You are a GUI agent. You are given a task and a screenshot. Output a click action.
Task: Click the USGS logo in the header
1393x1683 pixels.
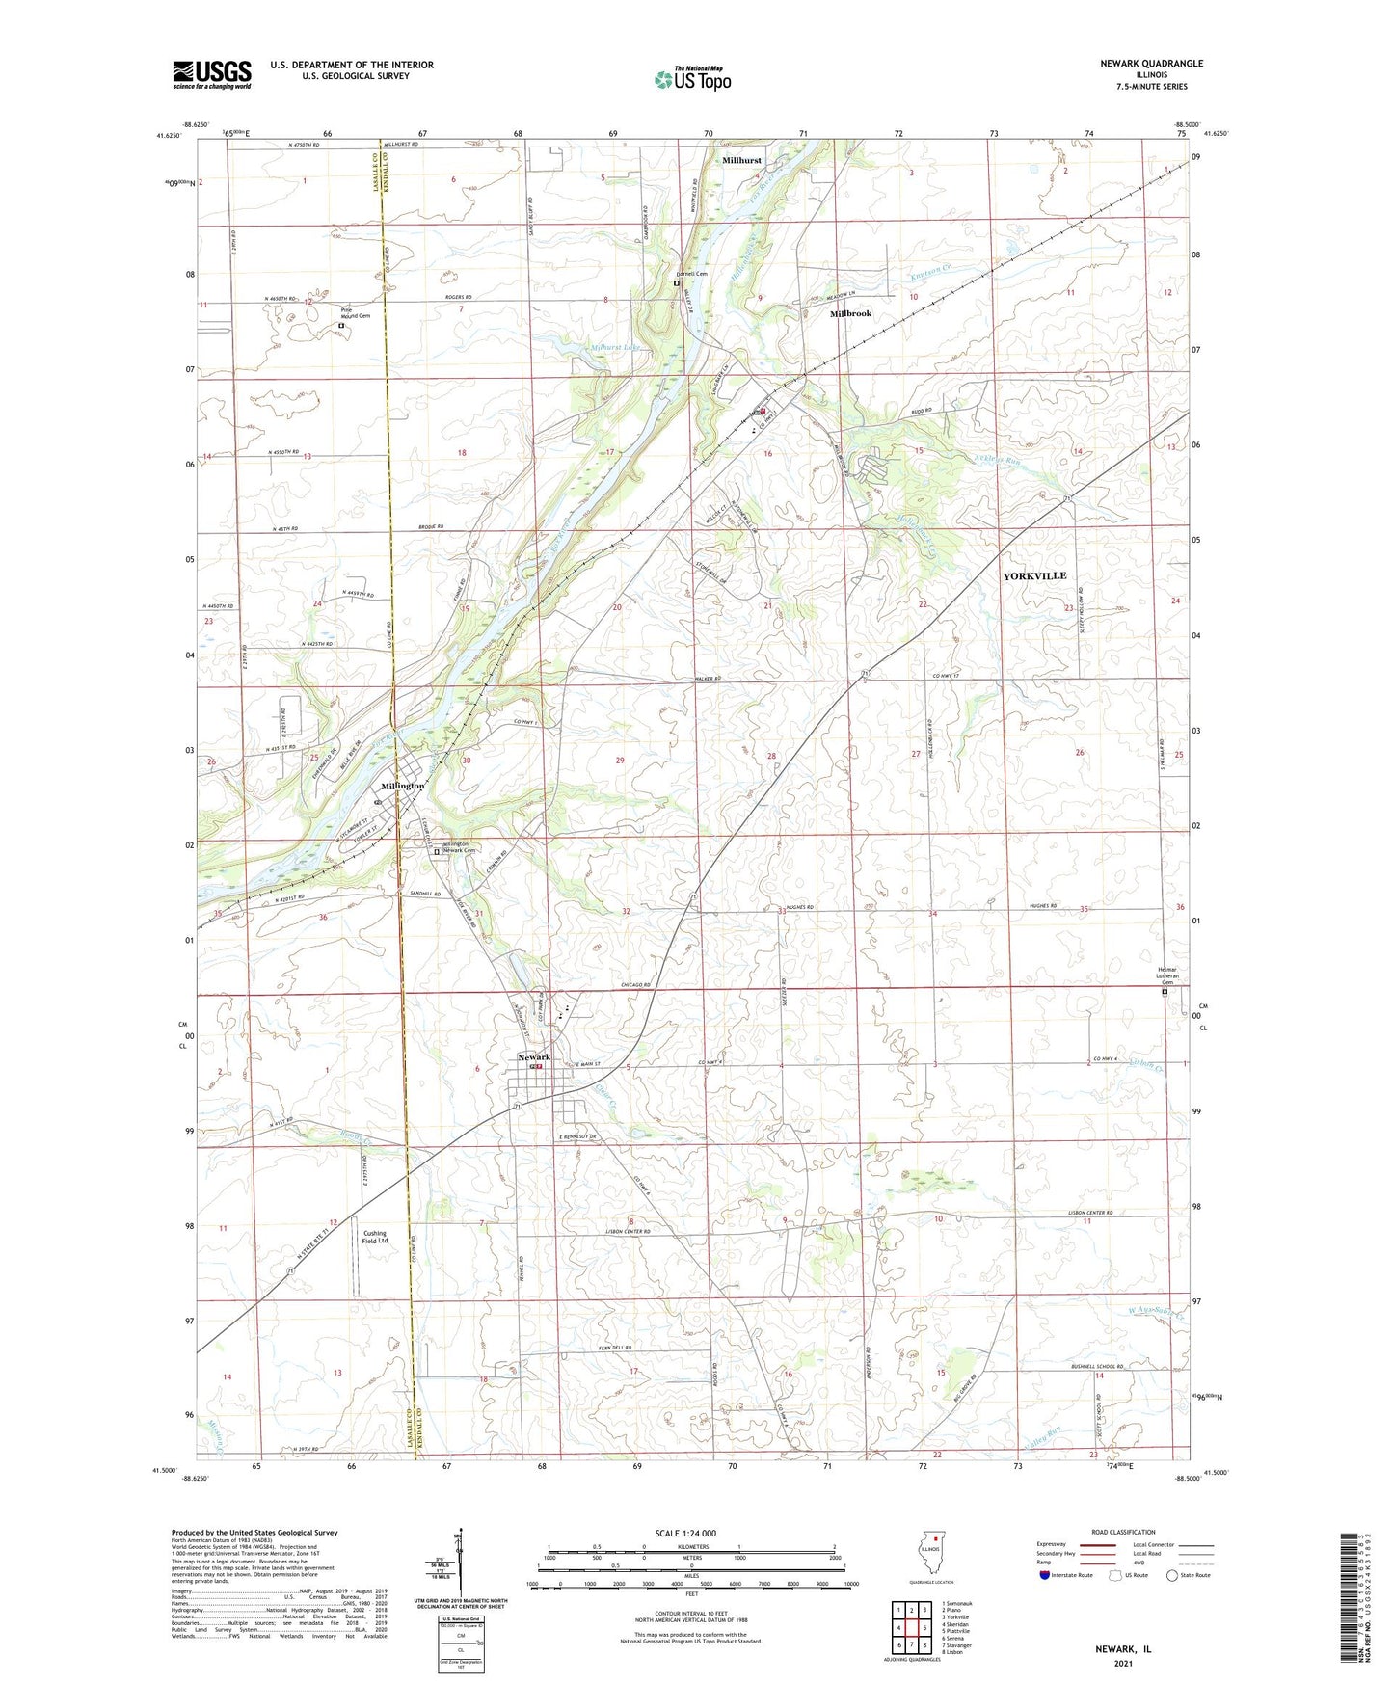tap(212, 74)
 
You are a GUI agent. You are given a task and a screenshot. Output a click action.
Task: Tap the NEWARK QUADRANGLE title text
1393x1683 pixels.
tap(1151, 64)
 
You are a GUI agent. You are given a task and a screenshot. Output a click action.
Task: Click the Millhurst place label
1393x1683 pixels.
tap(742, 161)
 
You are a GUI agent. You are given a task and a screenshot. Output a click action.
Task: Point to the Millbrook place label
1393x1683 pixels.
tap(850, 314)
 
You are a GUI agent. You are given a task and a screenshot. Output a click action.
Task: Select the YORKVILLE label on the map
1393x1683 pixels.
tap(1034, 575)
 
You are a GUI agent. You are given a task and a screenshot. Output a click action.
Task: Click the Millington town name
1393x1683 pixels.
tap(402, 787)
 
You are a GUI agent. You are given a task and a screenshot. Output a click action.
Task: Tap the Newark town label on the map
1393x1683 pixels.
tap(534, 1057)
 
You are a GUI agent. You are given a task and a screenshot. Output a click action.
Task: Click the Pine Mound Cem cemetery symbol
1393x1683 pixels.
tap(341, 326)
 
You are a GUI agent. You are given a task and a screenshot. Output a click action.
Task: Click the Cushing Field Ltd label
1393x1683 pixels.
tap(375, 1237)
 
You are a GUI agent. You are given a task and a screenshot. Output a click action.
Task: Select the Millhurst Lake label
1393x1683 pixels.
tap(614, 347)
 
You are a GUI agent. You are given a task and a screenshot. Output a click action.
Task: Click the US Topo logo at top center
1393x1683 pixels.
tap(692, 79)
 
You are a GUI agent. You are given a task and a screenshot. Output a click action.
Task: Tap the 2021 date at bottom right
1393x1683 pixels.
tap(1123, 1663)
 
